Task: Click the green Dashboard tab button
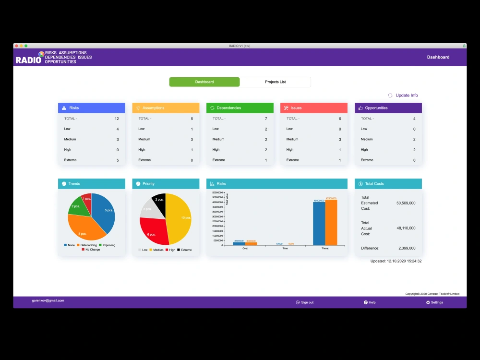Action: pos(204,82)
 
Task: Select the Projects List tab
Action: pos(275,82)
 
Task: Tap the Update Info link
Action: pos(406,96)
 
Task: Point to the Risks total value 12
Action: pos(117,119)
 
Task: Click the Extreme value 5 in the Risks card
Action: pos(118,160)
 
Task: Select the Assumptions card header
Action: pos(166,108)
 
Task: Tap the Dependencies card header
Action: pos(240,108)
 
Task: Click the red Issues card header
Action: pos(313,108)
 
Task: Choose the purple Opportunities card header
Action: pos(388,108)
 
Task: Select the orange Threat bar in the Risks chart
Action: pos(331,223)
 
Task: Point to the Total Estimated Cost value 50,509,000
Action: pos(406,203)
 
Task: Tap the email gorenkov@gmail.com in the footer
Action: pos(48,301)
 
